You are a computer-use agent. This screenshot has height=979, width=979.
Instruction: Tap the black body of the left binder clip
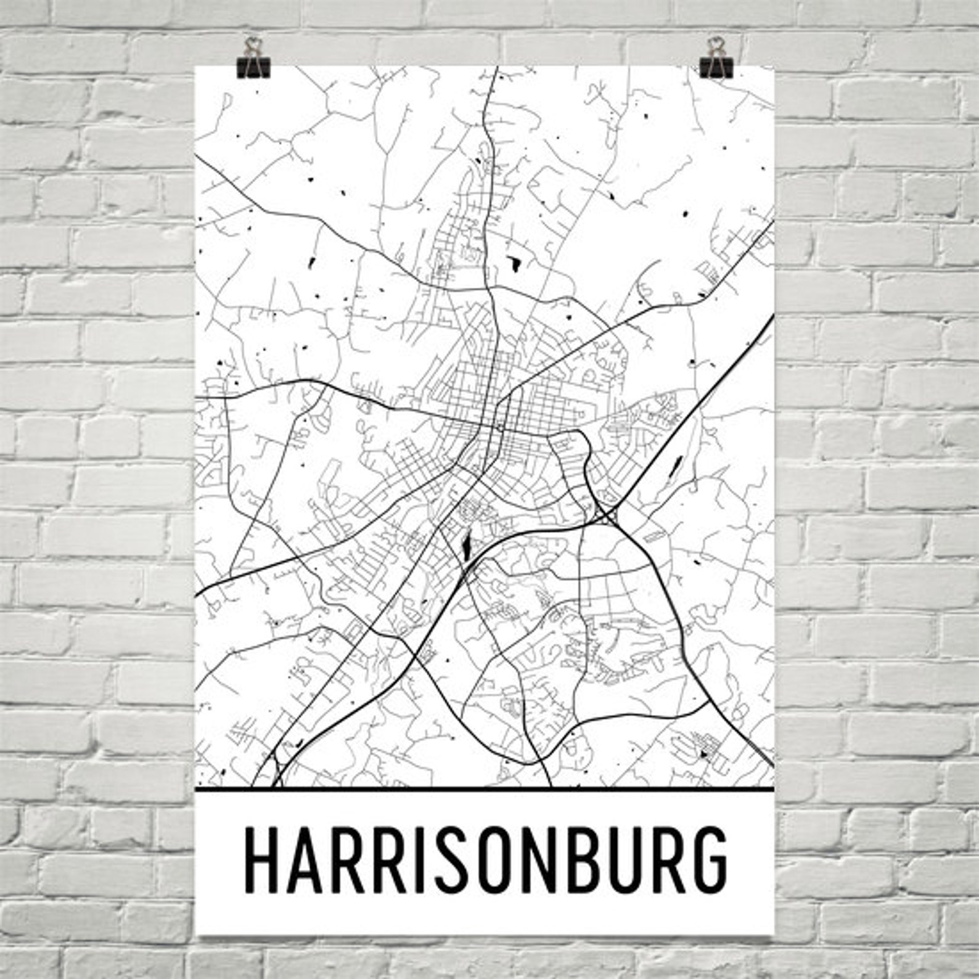pyautogui.click(x=253, y=68)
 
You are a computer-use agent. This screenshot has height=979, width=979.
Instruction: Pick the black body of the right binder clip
pyautogui.click(x=716, y=68)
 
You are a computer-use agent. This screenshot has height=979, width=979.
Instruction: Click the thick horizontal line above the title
pyautogui.click(x=484, y=789)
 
